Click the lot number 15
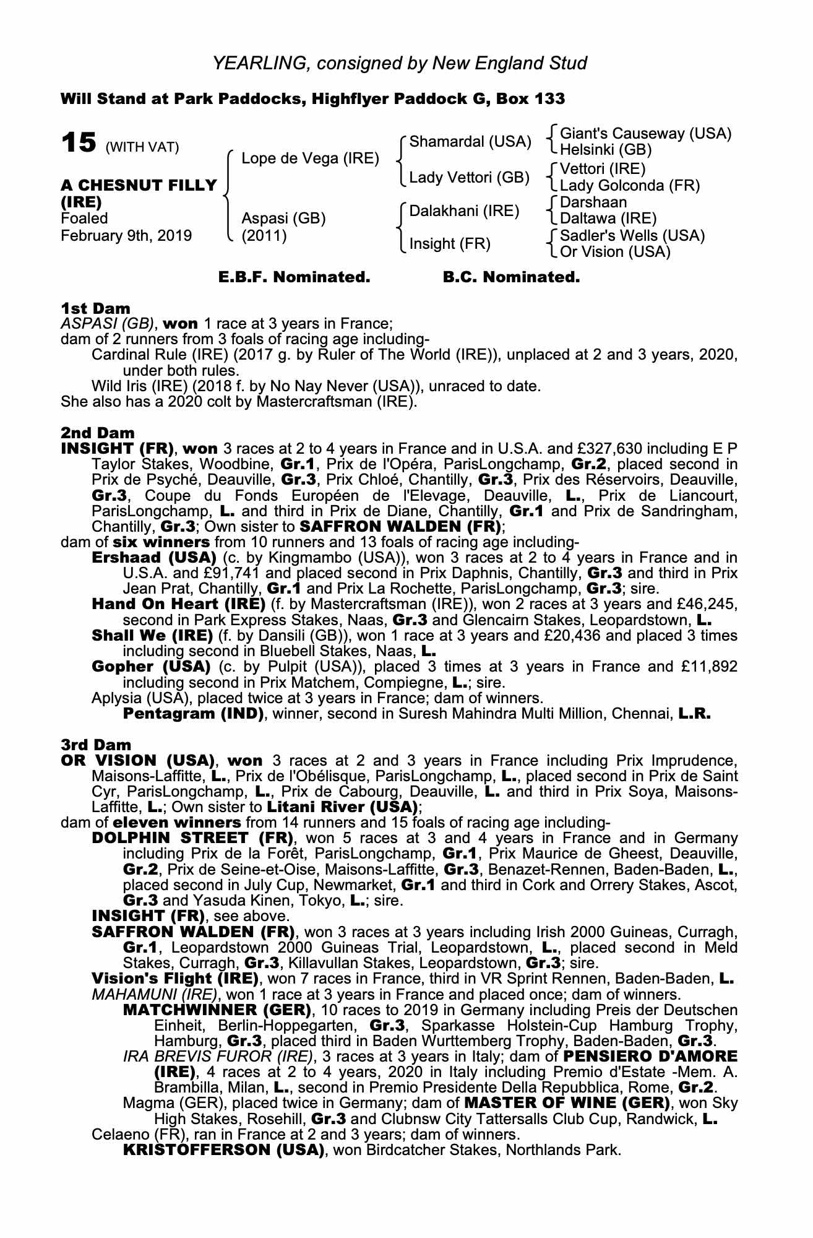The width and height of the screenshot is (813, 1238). point(79,142)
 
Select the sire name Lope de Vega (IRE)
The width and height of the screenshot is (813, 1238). point(310,158)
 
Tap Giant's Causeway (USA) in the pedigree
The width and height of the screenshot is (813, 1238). point(645,134)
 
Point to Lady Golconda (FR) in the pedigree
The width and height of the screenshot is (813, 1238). point(629,185)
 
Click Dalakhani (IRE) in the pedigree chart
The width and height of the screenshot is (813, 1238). point(464,211)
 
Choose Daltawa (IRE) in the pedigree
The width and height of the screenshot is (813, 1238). point(608,219)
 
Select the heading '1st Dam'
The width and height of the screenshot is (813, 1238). point(95,308)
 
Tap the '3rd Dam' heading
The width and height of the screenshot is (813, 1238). point(97,745)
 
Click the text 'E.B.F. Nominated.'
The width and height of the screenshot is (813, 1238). point(295,277)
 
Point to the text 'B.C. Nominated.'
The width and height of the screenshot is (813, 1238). point(511,277)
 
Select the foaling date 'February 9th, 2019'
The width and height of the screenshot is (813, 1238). point(126,235)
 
